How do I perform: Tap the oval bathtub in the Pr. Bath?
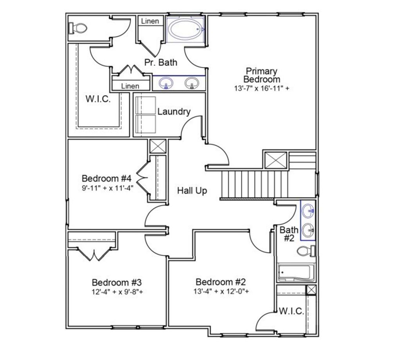click(185, 29)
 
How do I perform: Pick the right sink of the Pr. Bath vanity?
click(191, 83)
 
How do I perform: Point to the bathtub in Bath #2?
click(296, 272)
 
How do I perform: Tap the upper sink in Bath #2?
click(309, 211)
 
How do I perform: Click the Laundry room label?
click(174, 112)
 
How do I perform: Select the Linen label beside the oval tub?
click(150, 21)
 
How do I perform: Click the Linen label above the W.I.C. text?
click(130, 86)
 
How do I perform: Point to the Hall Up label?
click(192, 191)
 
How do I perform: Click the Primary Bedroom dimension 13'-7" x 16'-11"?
click(262, 89)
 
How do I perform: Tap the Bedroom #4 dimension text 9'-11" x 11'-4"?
click(108, 188)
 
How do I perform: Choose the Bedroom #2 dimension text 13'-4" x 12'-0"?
click(221, 291)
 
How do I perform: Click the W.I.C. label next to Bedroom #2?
click(291, 311)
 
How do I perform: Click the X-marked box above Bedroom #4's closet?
click(158, 147)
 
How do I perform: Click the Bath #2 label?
click(289, 234)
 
